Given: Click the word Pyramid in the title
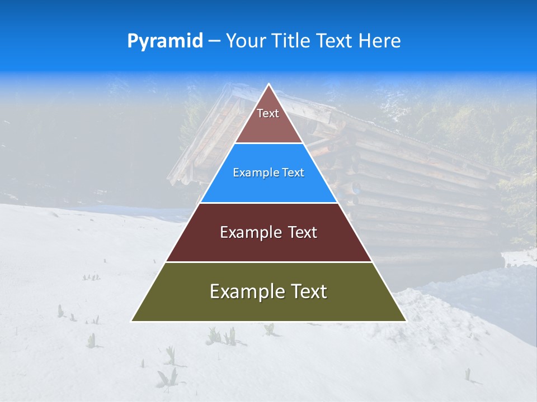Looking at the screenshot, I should pos(165,41).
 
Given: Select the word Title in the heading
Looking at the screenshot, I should pos(291,41).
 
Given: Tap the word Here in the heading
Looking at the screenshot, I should pos(380,41).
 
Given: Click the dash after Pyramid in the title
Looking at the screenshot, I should pos(214,41).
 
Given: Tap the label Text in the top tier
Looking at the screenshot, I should pos(268,113).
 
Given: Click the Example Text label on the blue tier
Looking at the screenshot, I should pos(268,173).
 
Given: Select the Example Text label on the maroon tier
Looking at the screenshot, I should pos(268,232).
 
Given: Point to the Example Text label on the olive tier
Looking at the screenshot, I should pos(268,291).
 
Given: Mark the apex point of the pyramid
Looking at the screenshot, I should pos(268,84).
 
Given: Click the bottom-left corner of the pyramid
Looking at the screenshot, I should pos(131,321).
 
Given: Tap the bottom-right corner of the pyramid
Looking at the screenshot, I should pos(406,321).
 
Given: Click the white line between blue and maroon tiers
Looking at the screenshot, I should pos(268,203).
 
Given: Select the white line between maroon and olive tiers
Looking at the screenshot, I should pos(268,262).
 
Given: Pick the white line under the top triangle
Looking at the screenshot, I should pos(268,143).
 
